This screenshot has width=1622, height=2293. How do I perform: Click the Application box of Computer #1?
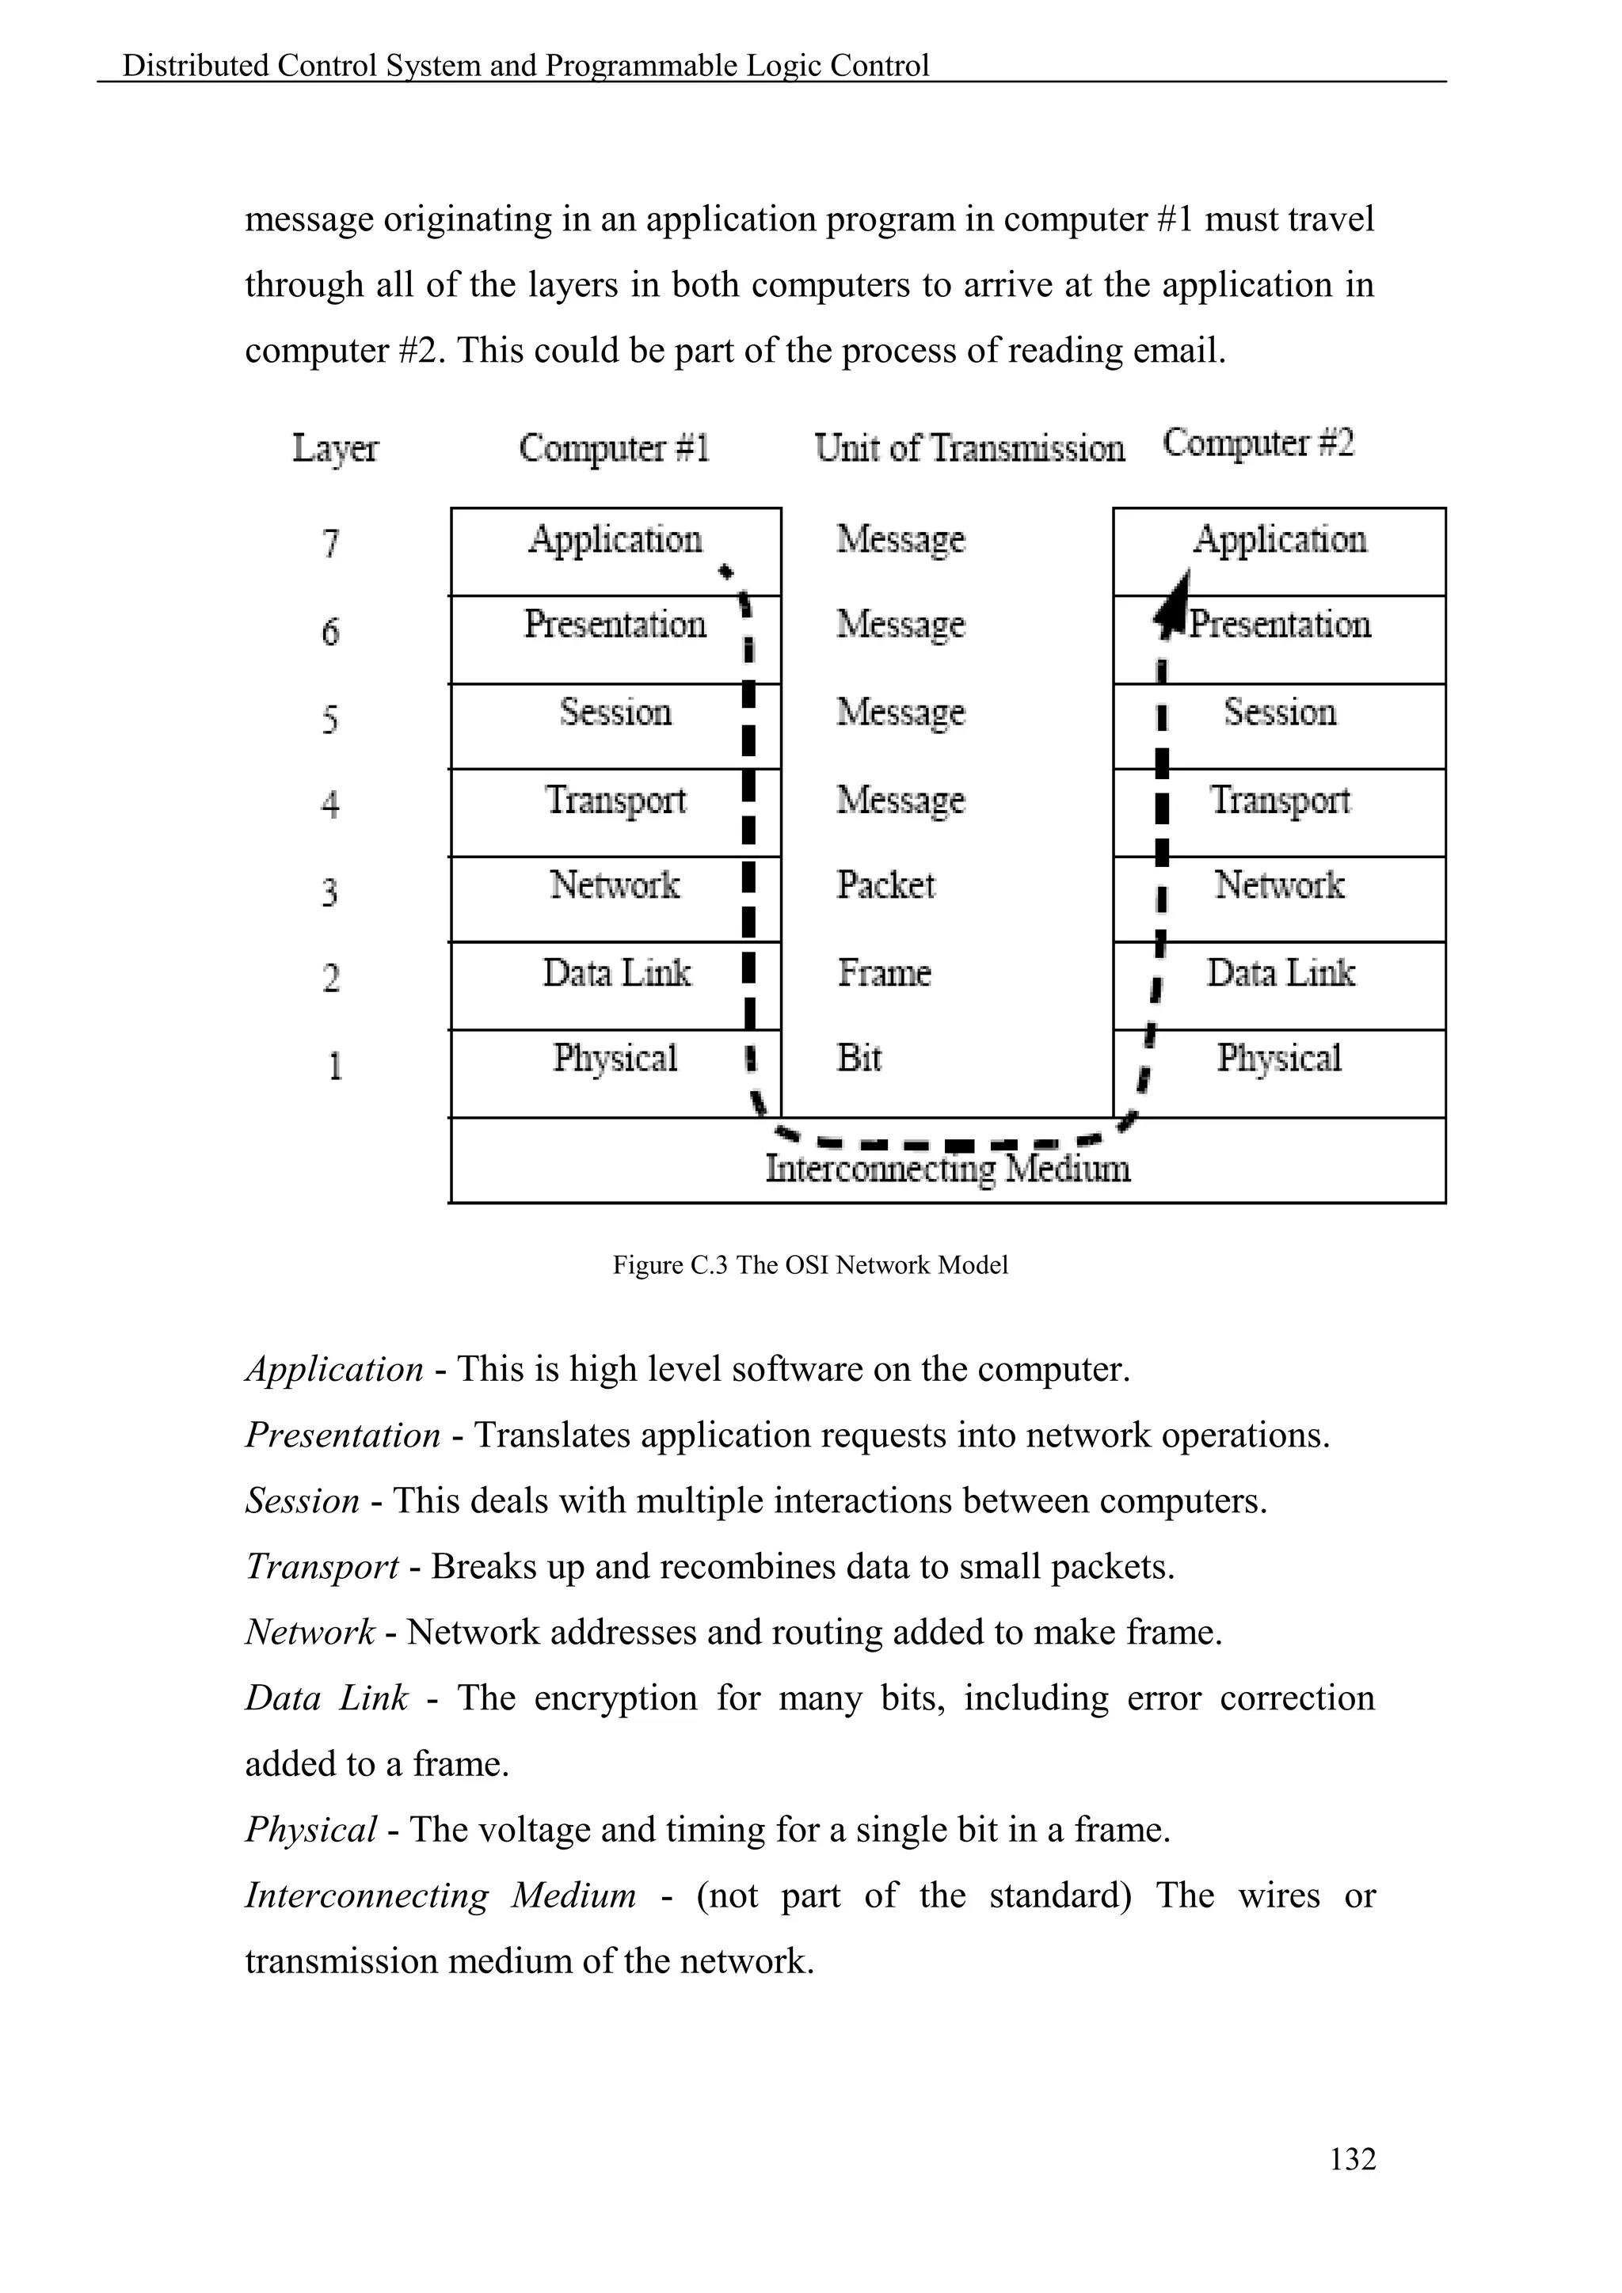(615, 550)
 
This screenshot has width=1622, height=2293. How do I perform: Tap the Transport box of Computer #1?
(615, 811)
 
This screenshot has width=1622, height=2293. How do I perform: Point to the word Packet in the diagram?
(885, 885)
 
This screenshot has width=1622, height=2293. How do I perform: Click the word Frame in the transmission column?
(884, 972)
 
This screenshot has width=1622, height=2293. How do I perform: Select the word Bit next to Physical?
(859, 1058)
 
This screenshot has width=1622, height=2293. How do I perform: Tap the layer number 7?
(330, 543)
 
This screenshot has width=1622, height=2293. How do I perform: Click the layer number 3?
(330, 890)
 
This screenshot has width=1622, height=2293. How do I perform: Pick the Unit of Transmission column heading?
(969, 447)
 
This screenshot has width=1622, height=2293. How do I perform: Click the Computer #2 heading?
(1258, 443)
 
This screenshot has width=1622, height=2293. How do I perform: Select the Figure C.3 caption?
(810, 1265)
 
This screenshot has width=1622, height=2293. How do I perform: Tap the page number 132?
(1353, 2158)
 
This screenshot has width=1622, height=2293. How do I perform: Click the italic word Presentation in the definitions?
(343, 1436)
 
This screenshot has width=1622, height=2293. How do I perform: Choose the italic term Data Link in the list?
(326, 1698)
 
